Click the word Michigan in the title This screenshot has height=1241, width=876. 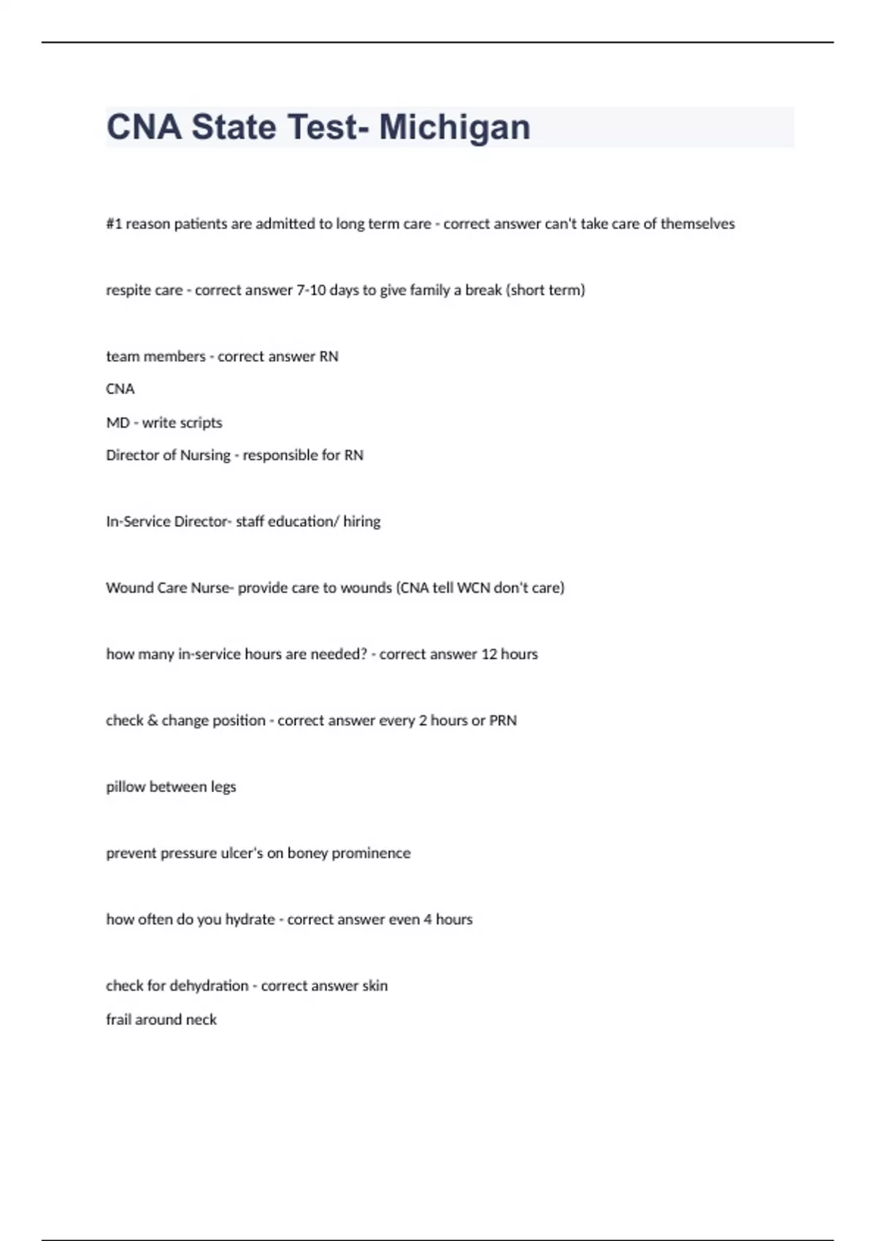(x=454, y=127)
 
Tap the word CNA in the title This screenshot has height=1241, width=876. (x=144, y=127)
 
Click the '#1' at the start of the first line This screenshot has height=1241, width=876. (x=114, y=224)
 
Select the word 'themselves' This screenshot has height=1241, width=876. (x=697, y=224)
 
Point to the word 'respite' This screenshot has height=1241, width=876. (x=128, y=291)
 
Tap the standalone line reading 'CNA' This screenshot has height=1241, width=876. (x=120, y=389)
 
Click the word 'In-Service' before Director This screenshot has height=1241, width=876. (x=138, y=522)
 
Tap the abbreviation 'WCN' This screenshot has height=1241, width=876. (x=473, y=588)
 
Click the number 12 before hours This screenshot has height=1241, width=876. (x=488, y=655)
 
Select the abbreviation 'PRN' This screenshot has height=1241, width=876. (x=503, y=721)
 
